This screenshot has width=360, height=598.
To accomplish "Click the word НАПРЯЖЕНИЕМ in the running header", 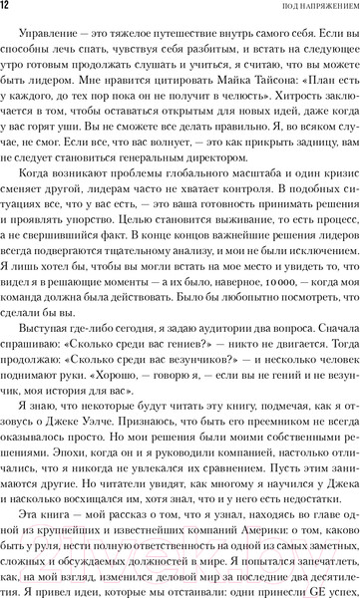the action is (320, 9).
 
